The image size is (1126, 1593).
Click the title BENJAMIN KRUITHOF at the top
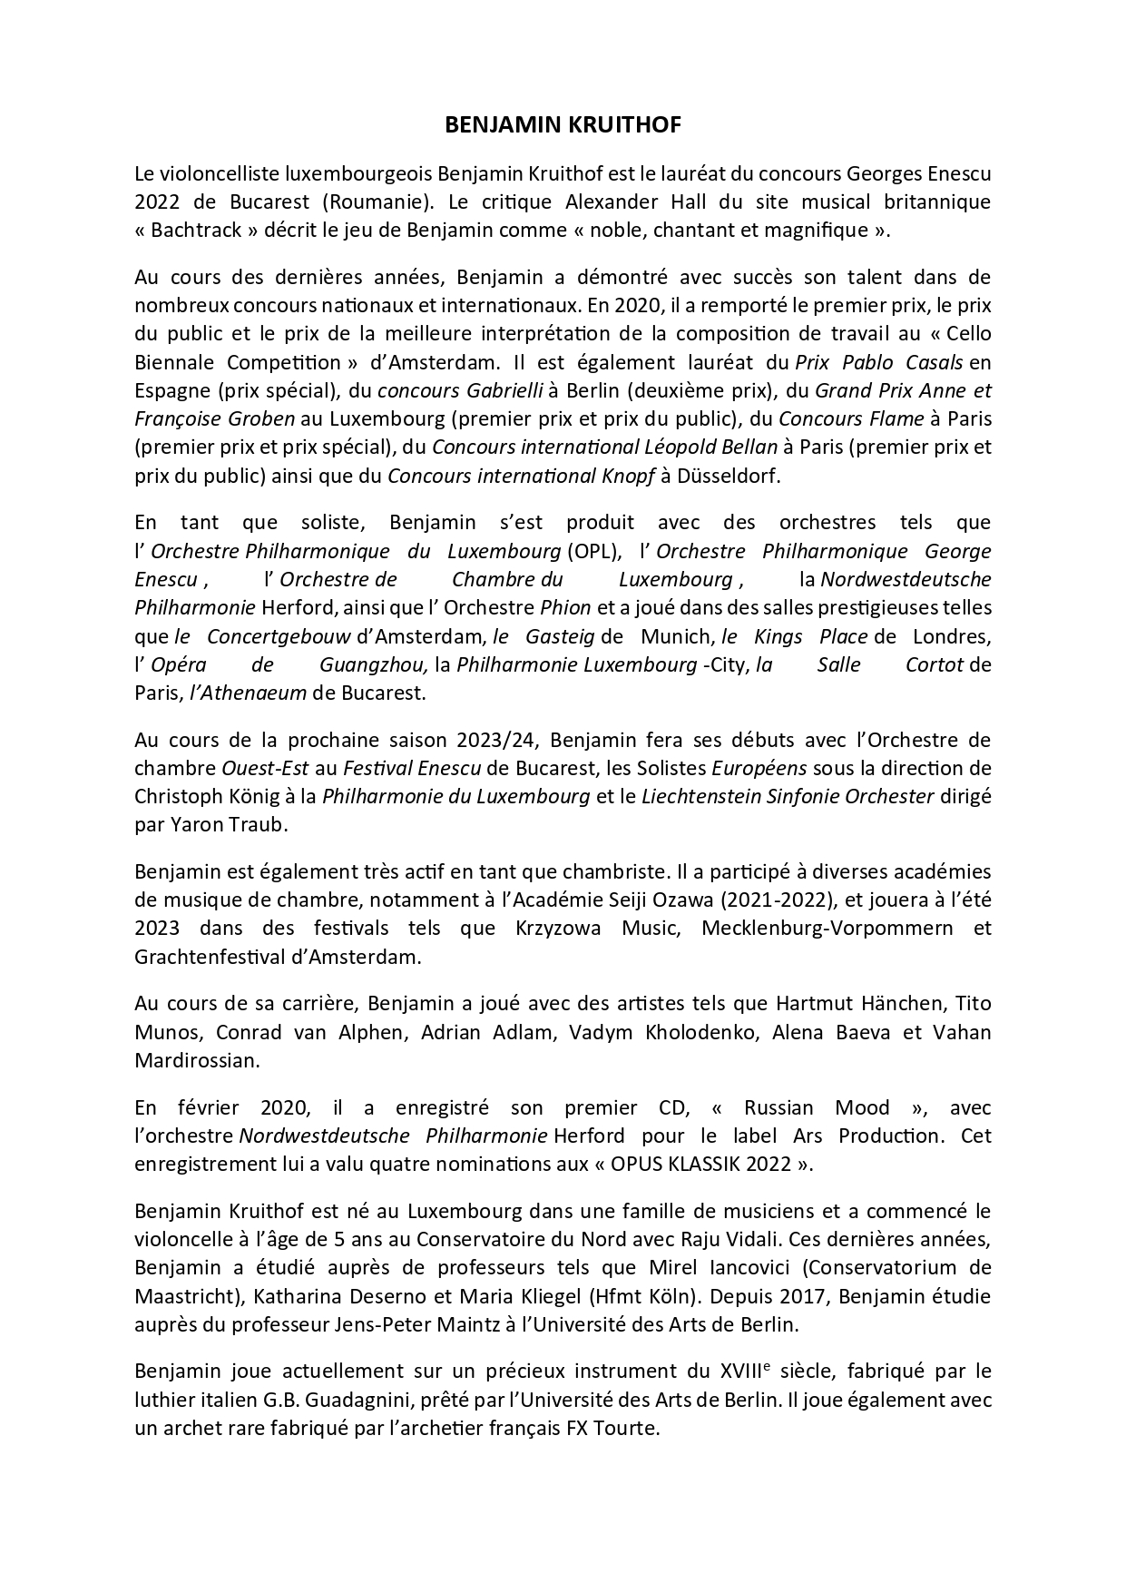pyautogui.click(x=563, y=126)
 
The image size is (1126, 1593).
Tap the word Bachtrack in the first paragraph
pyautogui.click(x=198, y=230)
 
